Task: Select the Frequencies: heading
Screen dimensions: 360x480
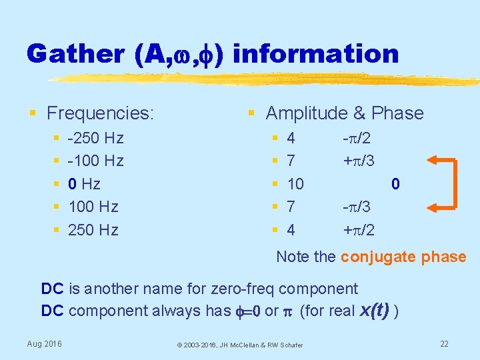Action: [x=100, y=113]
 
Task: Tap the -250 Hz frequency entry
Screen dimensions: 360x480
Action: [x=96, y=139]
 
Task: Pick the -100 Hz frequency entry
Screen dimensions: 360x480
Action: [x=96, y=161]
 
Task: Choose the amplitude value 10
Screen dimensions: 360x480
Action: [x=295, y=184]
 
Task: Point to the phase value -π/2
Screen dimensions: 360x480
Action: [x=358, y=139]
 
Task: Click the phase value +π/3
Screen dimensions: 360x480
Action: [x=358, y=161]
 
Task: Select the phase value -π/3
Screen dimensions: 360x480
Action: [x=358, y=207]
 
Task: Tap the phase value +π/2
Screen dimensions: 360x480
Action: [x=358, y=231]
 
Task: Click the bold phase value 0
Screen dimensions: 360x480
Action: [x=395, y=184]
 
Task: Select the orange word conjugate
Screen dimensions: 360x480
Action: [x=377, y=257]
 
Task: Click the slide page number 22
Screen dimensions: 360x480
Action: [x=445, y=343]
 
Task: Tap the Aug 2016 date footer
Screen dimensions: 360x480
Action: [x=45, y=343]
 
